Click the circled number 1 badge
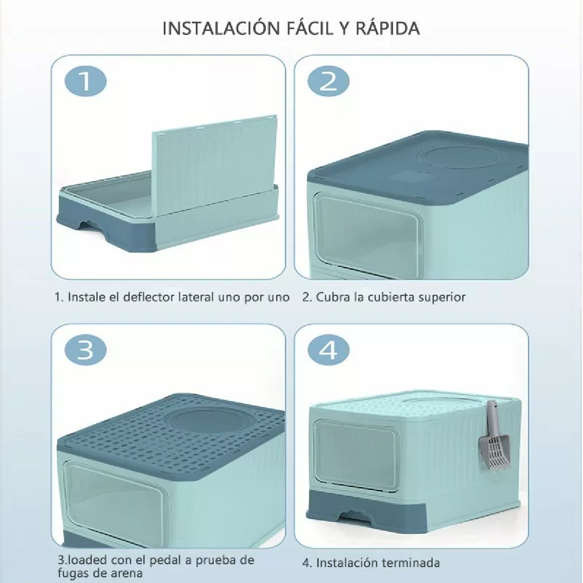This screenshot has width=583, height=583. tap(85, 81)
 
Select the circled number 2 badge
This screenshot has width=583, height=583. tap(328, 81)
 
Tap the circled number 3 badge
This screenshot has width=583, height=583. tap(85, 349)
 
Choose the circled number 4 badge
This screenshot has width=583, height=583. tap(328, 349)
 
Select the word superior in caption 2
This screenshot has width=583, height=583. tap(444, 297)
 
